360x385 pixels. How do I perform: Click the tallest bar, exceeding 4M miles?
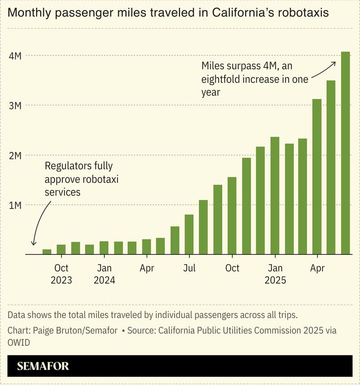pyautogui.click(x=345, y=153)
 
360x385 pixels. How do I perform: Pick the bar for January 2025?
pyautogui.click(x=274, y=195)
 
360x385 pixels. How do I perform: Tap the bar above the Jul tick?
pyautogui.click(x=189, y=234)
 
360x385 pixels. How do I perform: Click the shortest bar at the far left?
pyautogui.click(x=47, y=252)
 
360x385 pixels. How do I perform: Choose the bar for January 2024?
pyautogui.click(x=103, y=248)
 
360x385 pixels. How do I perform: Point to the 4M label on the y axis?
pyautogui.click(x=15, y=56)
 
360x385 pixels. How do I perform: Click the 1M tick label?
pyautogui.click(x=15, y=205)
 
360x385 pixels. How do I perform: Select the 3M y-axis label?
pyautogui.click(x=15, y=106)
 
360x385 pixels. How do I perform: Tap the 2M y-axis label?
pyautogui.click(x=15, y=156)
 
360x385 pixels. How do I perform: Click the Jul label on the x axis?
pyautogui.click(x=189, y=268)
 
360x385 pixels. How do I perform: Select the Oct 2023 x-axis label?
pyautogui.click(x=61, y=274)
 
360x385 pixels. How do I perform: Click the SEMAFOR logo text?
pyautogui.click(x=43, y=366)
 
